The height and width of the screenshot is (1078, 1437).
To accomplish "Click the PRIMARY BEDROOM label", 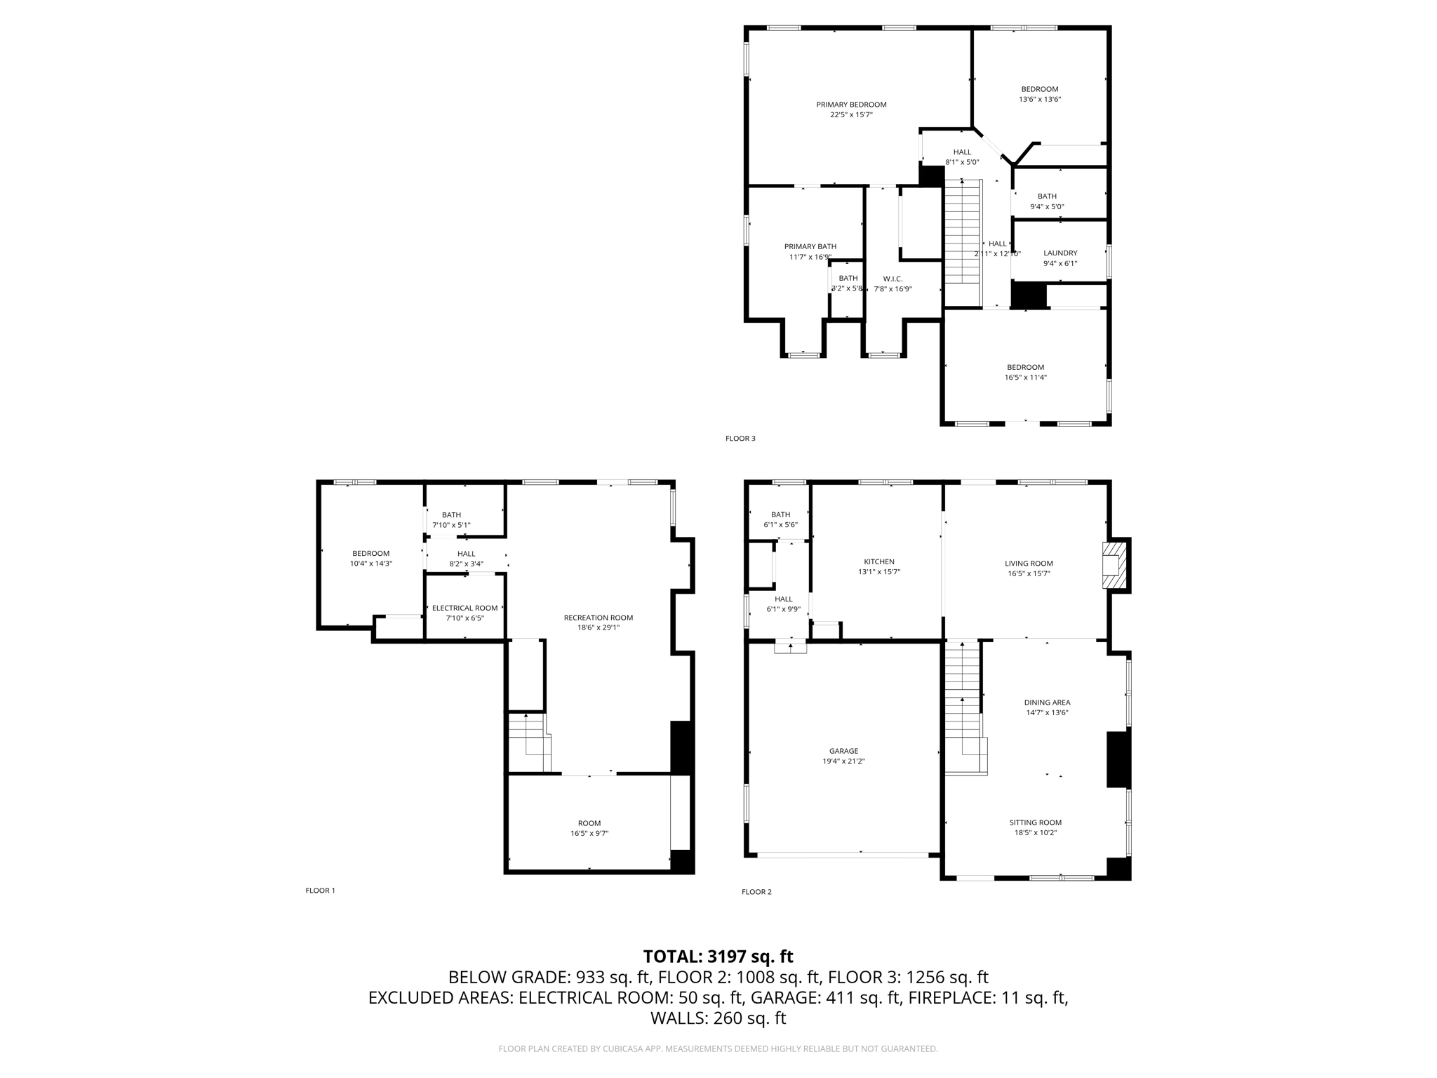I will [851, 105].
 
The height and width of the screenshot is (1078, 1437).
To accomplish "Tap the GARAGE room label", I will [843, 751].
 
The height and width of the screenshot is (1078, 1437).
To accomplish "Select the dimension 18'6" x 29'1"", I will [599, 628].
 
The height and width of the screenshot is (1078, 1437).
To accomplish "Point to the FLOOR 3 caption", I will [740, 439].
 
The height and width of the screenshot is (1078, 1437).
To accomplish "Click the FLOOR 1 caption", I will [320, 891].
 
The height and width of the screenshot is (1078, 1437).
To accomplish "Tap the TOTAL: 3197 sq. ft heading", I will [718, 957].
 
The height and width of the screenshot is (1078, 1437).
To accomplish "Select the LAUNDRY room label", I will [1060, 253].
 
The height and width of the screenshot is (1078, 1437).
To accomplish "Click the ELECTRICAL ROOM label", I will [464, 608].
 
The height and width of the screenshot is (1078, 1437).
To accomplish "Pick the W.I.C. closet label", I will [893, 279].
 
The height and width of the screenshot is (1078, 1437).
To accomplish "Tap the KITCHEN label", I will [879, 561].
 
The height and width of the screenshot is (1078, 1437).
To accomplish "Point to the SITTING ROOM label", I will [1036, 823].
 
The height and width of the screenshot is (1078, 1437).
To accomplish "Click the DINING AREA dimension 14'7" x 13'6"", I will [1047, 712].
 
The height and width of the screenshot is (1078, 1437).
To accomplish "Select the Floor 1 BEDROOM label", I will [370, 554].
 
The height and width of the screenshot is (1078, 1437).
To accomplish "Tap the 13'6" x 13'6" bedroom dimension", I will [1040, 100].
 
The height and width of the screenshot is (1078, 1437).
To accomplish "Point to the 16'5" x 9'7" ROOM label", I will [589, 823].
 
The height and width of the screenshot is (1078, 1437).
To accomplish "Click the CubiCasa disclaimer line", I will [718, 1049].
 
